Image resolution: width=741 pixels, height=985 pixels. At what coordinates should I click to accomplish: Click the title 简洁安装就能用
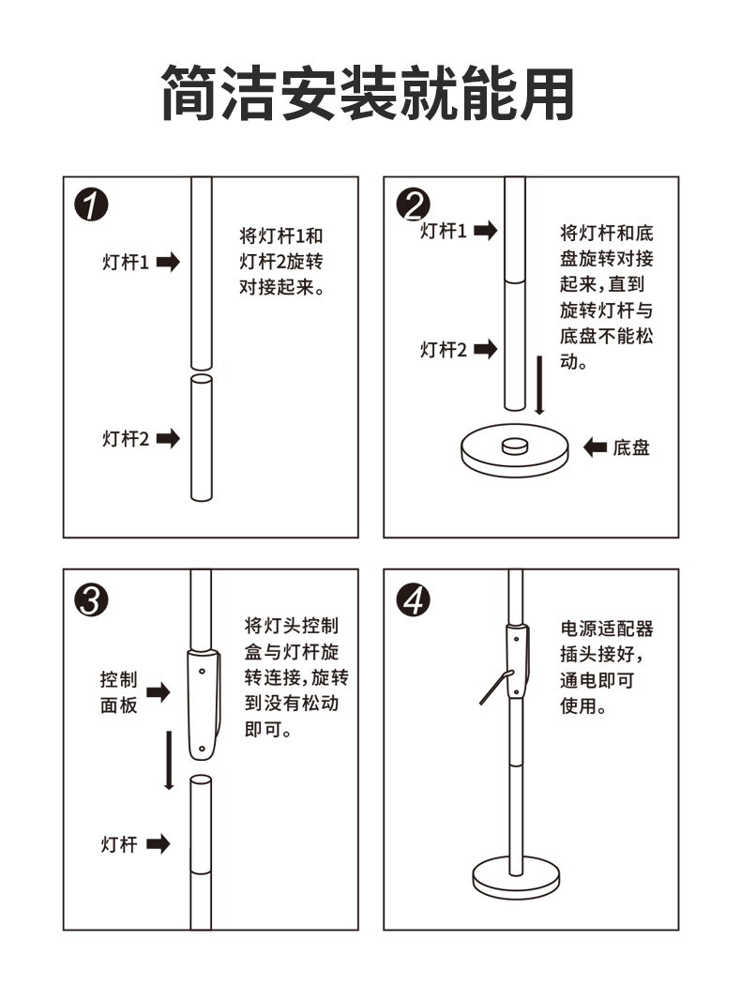pyautogui.click(x=369, y=94)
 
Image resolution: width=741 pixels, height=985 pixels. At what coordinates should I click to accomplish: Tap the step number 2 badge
pyautogui.click(x=413, y=204)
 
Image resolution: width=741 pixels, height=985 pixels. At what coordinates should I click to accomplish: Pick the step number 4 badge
pyautogui.click(x=413, y=599)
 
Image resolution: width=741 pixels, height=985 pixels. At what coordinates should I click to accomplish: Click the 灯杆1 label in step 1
pyautogui.click(x=126, y=263)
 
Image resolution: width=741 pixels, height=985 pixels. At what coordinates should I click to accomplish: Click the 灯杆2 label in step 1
pyautogui.click(x=126, y=438)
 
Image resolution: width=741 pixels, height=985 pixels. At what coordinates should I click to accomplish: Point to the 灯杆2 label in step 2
pyautogui.click(x=443, y=350)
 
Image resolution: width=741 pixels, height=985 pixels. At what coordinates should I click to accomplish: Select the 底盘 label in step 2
pyautogui.click(x=631, y=448)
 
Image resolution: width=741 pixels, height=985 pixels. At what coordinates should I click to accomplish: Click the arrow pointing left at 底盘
pyautogui.click(x=595, y=448)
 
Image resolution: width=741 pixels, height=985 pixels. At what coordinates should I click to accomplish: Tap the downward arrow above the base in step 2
pyautogui.click(x=539, y=385)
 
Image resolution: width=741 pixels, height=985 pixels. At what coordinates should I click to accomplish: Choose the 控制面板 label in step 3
pyautogui.click(x=119, y=692)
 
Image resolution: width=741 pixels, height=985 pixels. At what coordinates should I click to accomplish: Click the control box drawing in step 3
pyautogui.click(x=204, y=704)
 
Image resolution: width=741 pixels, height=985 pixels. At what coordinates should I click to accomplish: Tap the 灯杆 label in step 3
pyautogui.click(x=119, y=844)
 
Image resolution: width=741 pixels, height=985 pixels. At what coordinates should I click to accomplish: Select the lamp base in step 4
pyautogui.click(x=517, y=876)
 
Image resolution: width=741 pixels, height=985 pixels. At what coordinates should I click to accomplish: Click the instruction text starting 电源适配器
pyautogui.click(x=606, y=667)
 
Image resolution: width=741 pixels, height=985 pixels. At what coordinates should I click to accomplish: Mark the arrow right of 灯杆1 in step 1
pyautogui.click(x=167, y=263)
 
